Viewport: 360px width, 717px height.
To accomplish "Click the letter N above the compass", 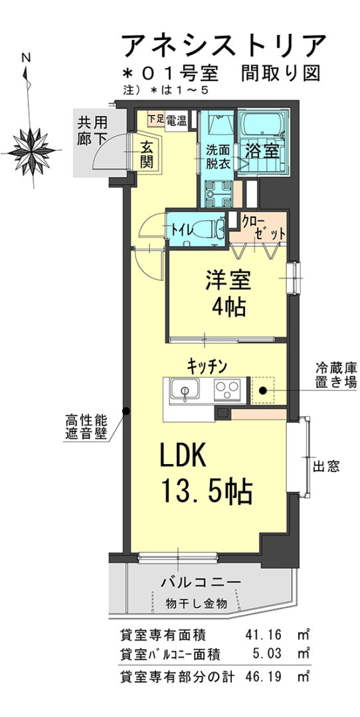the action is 26,58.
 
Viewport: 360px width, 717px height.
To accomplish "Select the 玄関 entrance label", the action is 146,154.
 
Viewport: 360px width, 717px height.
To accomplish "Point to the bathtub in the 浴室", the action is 262,124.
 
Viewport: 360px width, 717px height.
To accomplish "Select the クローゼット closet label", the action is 264,227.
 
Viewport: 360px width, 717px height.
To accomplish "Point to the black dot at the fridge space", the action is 262,390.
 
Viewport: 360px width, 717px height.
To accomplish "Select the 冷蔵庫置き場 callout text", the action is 335,375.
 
